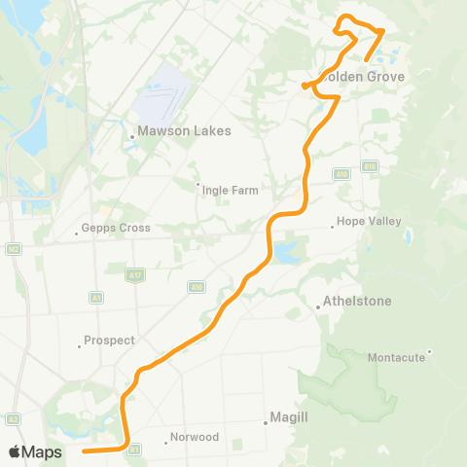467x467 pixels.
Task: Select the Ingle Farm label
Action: tap(230, 190)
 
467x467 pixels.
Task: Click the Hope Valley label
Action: tap(369, 221)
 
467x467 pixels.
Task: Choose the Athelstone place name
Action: tap(357, 301)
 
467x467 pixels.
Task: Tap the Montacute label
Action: tap(396, 357)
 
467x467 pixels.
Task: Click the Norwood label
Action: tap(194, 437)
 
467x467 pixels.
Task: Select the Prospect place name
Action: tap(109, 341)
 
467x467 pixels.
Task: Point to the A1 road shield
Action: tap(96, 296)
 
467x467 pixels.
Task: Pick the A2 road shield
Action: tap(14, 418)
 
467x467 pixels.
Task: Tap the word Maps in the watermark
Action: tap(43, 451)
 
